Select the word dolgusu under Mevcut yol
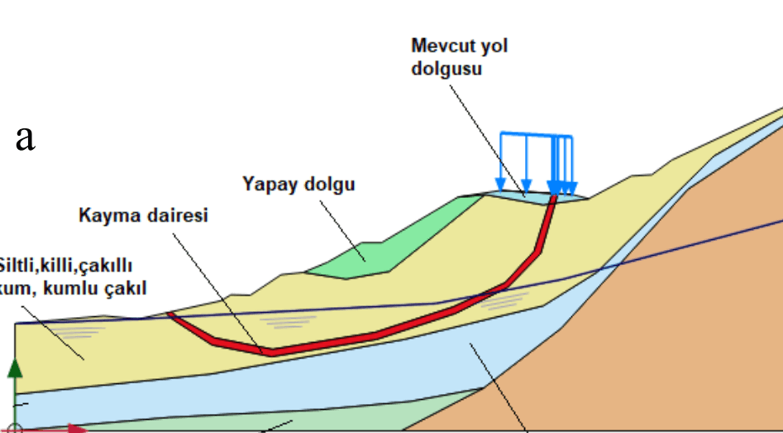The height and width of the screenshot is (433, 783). [x=446, y=68]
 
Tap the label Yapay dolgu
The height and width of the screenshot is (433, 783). [x=298, y=184]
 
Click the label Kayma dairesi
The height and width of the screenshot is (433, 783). [x=143, y=216]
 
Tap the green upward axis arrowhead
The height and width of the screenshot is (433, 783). [x=16, y=368]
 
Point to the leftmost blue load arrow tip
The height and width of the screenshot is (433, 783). [x=500, y=187]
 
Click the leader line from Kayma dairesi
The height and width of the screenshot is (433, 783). [x=219, y=286]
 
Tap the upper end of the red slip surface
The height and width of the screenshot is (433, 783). [x=551, y=199]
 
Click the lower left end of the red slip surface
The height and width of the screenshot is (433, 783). [x=170, y=315]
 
